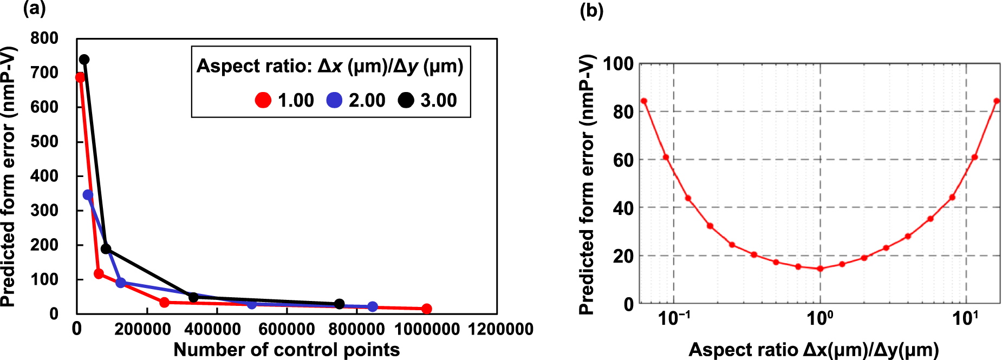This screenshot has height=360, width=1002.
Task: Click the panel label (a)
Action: pos(34,9)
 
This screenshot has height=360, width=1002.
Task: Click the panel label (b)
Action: pos(591,11)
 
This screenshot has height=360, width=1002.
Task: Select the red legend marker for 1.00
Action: pos(263,100)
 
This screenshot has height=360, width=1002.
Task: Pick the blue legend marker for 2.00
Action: pos(335,100)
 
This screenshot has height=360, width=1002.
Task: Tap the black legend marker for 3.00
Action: pos(406,100)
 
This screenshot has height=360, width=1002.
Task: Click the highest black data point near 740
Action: pos(84,60)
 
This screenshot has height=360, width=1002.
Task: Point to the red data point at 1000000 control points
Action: pos(427,309)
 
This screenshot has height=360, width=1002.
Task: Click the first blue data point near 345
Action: pos(88,195)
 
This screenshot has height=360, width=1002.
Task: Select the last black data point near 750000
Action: pos(340,304)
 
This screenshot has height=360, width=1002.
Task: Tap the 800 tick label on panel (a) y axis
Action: pos(44,38)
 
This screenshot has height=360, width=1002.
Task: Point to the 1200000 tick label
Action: pos(501,329)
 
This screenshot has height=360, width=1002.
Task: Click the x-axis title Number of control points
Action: pos(287,350)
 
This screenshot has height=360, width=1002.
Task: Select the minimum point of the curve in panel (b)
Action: pos(820,269)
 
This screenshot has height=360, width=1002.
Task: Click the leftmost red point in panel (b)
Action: pos(644,101)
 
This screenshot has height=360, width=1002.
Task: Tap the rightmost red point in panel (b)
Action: pos(997,101)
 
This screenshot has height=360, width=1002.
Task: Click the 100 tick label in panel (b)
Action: pos(618,64)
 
